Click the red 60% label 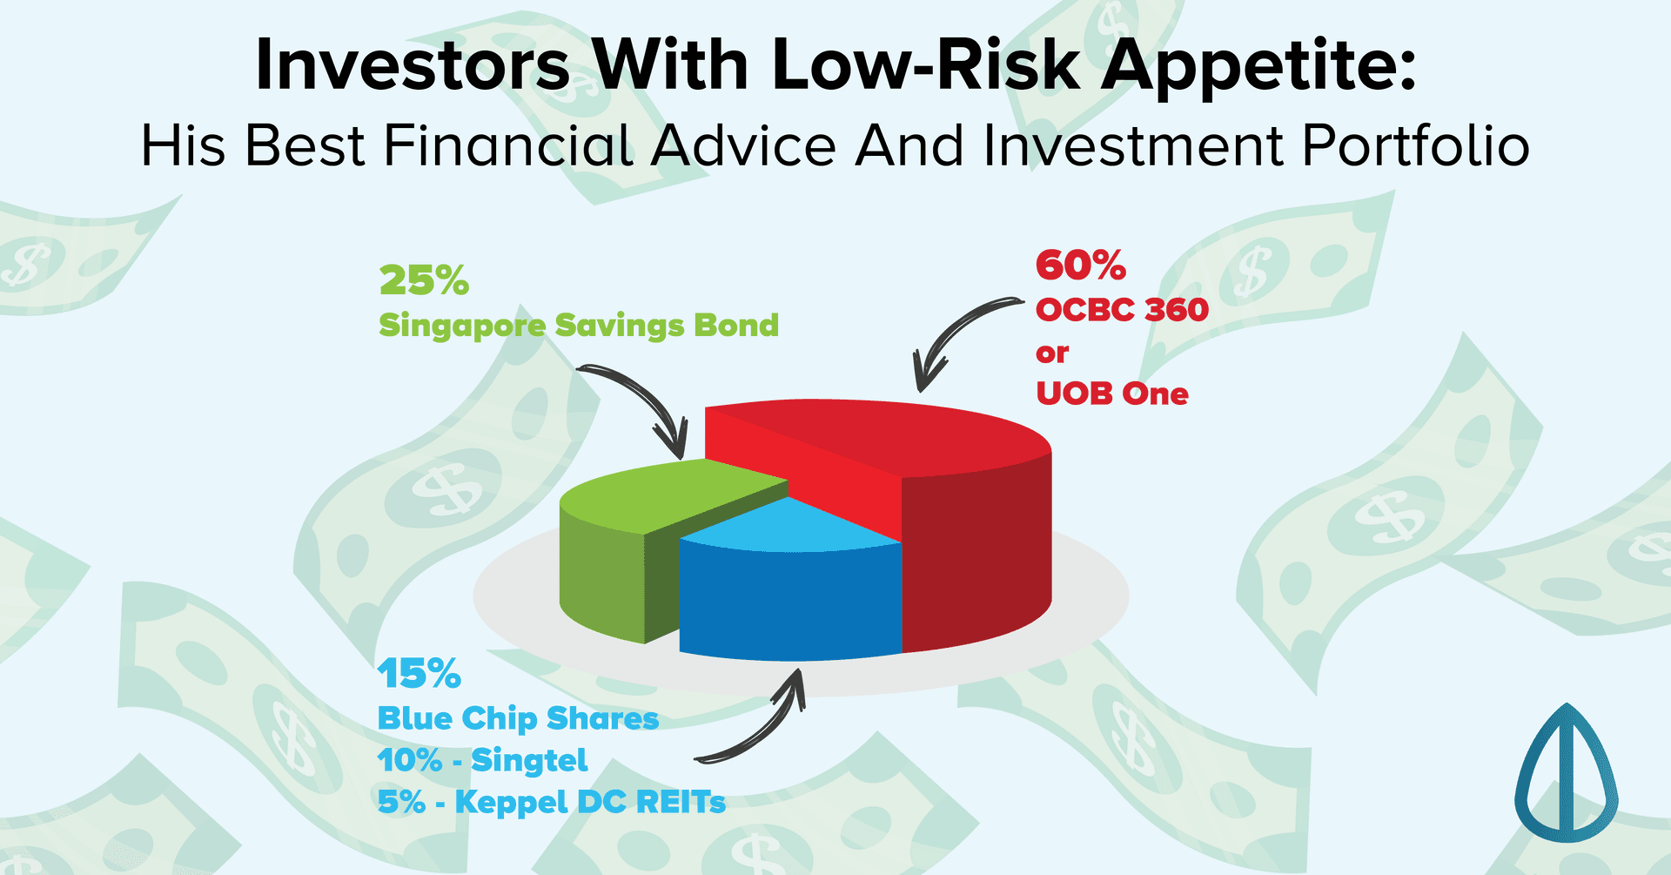coord(1081,266)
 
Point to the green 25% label coord(424,280)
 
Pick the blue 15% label coord(419,673)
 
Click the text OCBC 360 coord(1122,310)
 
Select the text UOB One coord(1111,394)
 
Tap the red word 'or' coord(1051,353)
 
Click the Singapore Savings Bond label coord(579,326)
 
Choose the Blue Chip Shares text coord(518,718)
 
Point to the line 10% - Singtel coord(482,760)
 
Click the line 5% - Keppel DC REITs coord(551,802)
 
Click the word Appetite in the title coord(1258,65)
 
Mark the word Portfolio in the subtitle coord(1415,145)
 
